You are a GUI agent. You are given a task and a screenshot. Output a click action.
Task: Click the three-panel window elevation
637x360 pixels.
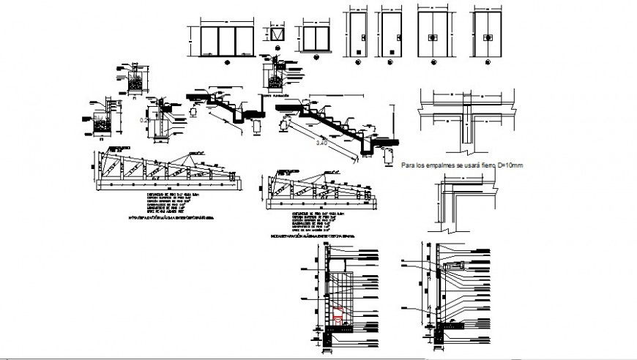(226, 40)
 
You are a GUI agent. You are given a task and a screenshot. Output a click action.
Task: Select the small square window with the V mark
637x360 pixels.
(276, 35)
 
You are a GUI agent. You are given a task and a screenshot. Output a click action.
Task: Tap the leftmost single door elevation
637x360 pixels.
(358, 34)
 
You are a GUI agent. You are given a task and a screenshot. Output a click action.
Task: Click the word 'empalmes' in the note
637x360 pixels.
(439, 166)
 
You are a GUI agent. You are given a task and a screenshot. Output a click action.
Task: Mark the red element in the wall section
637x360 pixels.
(339, 315)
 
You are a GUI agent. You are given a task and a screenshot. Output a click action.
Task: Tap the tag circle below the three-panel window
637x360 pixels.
(226, 64)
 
